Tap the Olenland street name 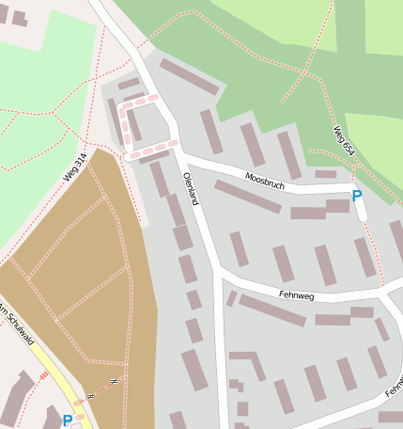[191, 189]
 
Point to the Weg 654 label [344, 140]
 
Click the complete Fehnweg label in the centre [298, 294]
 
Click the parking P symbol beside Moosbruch [356, 196]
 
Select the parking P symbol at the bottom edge [67, 421]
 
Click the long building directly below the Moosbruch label [247, 196]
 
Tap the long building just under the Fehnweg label [271, 310]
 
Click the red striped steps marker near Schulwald [42, 376]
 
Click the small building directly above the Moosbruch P [325, 174]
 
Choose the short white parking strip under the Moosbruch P [361, 210]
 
